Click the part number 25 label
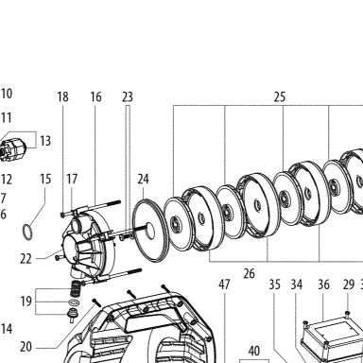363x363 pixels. [x=280, y=96]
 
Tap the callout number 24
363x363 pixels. [x=143, y=179]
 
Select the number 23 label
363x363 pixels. [x=128, y=96]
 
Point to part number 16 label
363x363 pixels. [x=95, y=96]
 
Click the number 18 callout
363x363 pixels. [x=62, y=96]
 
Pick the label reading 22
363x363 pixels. [x=26, y=259]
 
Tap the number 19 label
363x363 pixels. [x=26, y=302]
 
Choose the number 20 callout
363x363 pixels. [x=26, y=347]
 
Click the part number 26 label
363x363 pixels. [x=249, y=273]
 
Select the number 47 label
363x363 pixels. [x=224, y=285]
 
